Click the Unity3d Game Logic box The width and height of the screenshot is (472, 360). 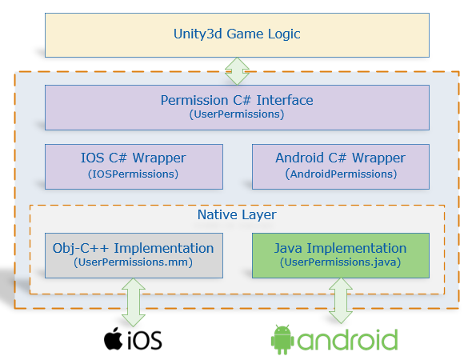pos(236,34)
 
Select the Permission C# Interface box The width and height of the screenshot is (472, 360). pos(236,107)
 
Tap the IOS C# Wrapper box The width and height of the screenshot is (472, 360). pos(133,166)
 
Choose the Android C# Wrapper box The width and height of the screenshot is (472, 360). pos(340,166)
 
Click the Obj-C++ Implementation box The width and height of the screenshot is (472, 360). pos(133,255)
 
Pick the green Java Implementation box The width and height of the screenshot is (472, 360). pos(340,255)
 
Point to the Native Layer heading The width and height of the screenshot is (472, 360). pos(236,215)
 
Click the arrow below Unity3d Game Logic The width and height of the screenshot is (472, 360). pos(237,70)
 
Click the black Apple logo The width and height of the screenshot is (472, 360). pos(116,338)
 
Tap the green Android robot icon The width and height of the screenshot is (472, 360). pos(282,339)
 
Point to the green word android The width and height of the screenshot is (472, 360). pos(347,340)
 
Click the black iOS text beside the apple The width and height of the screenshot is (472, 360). pos(146,341)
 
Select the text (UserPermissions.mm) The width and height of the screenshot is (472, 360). pos(133,262)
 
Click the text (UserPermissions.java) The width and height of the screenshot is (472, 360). pos(340,262)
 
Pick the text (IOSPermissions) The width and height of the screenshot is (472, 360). pos(133,174)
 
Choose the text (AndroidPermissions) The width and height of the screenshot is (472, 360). pos(340,174)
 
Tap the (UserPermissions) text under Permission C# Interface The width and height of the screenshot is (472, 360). pos(236,115)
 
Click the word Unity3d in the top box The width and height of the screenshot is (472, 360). pos(198,34)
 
